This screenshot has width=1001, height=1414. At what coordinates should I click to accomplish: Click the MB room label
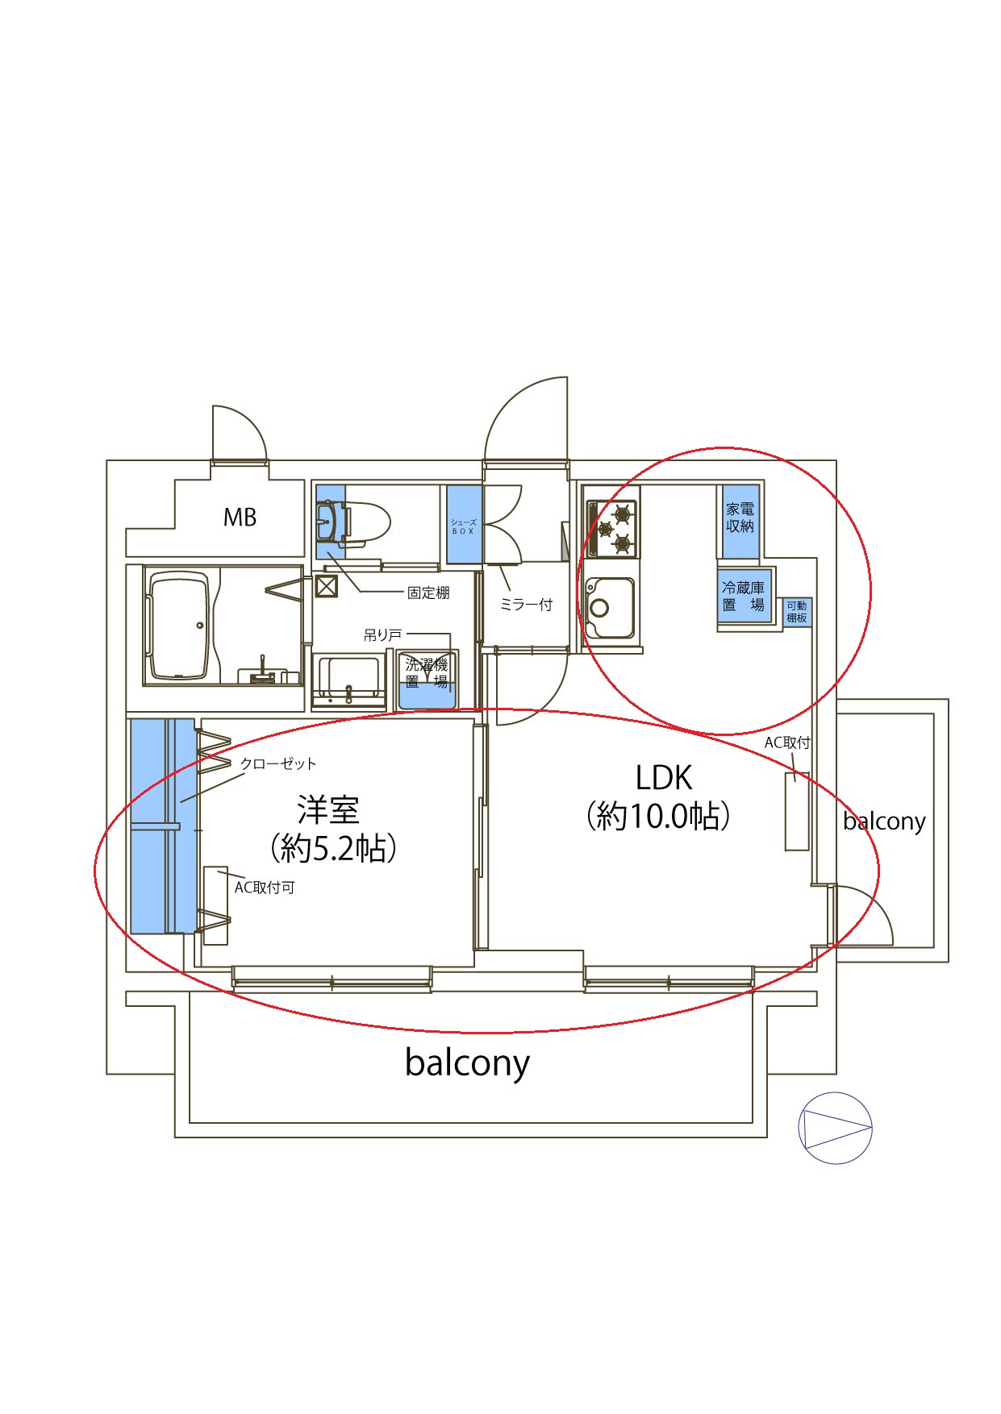coord(240,517)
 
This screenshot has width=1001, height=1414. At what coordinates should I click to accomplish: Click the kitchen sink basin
coord(610,608)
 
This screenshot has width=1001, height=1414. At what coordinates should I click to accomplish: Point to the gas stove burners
coord(614,529)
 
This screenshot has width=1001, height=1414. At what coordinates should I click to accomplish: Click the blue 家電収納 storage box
coord(740,521)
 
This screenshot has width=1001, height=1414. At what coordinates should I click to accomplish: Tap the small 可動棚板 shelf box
coord(797,612)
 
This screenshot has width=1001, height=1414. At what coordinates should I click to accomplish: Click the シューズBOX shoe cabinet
coord(465,526)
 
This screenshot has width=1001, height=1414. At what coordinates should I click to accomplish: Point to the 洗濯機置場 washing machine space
coord(428,679)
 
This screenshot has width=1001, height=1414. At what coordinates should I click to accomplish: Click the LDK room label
coord(664,777)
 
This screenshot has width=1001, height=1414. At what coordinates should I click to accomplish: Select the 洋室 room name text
coord(328,809)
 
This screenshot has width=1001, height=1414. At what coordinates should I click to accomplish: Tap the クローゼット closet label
coord(278,763)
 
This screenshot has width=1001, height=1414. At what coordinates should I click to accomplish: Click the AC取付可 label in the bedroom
coord(265,888)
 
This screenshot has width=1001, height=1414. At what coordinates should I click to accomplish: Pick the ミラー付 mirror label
coord(526,604)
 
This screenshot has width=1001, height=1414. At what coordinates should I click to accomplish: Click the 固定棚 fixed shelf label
coord(428,593)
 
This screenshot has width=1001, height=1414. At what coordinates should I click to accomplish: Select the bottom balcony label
coord(467,1063)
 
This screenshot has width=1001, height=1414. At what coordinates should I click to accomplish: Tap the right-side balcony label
coord(884,821)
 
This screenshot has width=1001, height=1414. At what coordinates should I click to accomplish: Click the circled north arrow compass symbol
coord(835,1128)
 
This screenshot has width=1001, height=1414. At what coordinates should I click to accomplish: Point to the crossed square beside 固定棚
coord(326,585)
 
